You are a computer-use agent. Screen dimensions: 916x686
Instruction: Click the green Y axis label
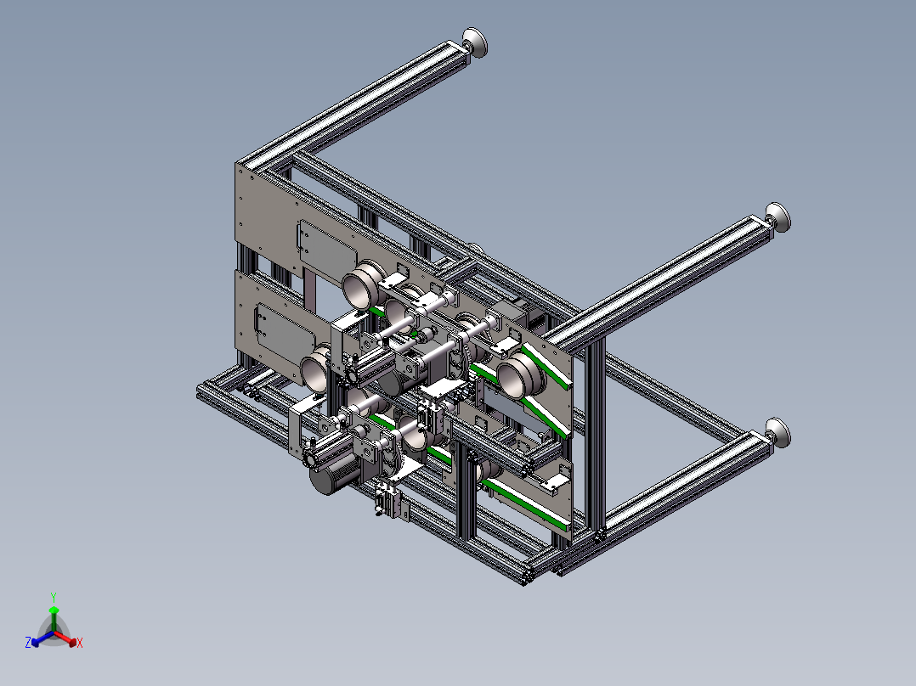click(x=54, y=597)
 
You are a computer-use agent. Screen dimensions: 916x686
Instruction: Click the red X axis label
click(x=80, y=643)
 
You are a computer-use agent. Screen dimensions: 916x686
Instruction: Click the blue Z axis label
click(x=28, y=642)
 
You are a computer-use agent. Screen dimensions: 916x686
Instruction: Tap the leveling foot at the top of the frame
click(x=475, y=42)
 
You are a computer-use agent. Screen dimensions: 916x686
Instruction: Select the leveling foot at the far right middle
click(x=778, y=217)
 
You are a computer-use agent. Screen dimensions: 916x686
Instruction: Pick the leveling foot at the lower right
click(x=778, y=433)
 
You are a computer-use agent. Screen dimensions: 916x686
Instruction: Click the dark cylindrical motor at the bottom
click(x=331, y=473)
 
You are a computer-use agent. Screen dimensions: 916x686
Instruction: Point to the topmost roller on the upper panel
click(x=364, y=283)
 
